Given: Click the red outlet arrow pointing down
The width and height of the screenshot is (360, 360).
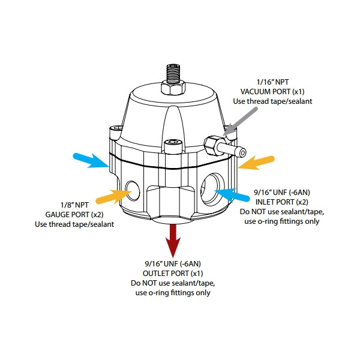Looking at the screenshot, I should pos(173,239).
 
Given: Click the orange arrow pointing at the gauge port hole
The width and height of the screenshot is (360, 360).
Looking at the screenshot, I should pos(113,196).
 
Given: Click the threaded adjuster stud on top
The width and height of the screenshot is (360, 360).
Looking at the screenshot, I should pos(173,73).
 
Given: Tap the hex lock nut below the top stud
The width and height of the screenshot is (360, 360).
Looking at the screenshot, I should pos(173,89).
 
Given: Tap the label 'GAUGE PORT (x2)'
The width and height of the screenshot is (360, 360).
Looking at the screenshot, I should pos(71,214).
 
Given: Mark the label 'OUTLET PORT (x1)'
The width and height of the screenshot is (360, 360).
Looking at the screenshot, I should pos(173,272).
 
